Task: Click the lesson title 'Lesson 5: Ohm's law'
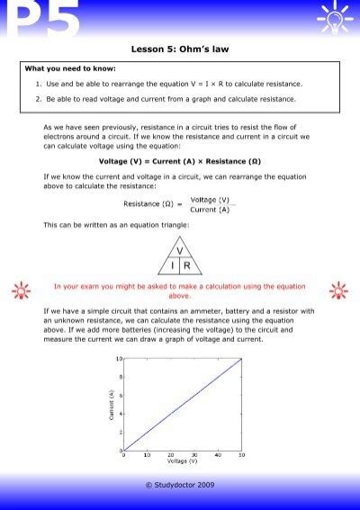coord(180,50)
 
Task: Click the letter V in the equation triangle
coord(179,251)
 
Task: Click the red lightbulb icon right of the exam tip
coord(339,291)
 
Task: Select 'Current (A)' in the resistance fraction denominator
coord(210,209)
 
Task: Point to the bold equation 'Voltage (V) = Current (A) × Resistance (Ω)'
coord(180,162)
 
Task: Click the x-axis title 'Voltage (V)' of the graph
coord(182,461)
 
